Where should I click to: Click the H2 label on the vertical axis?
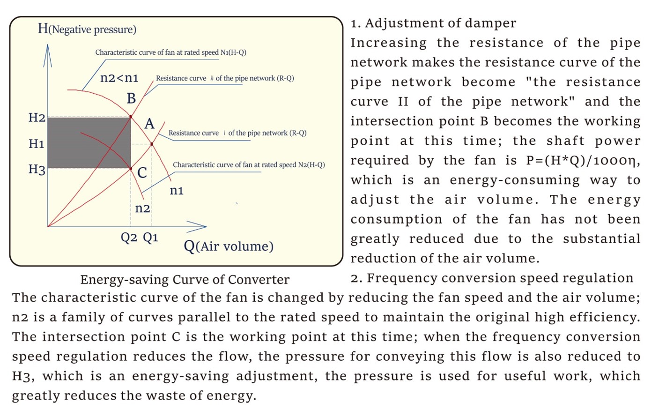[x=37, y=118]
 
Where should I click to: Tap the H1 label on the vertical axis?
[x=37, y=144]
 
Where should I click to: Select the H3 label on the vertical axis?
[x=37, y=170]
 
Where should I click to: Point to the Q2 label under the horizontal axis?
[x=129, y=238]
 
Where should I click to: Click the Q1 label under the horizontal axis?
[x=151, y=238]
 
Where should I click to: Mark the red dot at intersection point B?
[x=131, y=117]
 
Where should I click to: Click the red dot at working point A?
[x=152, y=144]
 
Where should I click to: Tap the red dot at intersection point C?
[x=131, y=169]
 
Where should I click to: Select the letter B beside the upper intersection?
[x=131, y=98]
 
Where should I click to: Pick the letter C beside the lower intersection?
[x=142, y=173]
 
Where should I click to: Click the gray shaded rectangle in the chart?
[x=89, y=143]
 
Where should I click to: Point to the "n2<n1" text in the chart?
[x=119, y=78]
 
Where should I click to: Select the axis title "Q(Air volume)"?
[x=229, y=246]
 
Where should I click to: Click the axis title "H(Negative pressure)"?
[x=87, y=29]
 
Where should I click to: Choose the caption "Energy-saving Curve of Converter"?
[x=185, y=280]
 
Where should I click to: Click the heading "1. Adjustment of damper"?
[x=433, y=23]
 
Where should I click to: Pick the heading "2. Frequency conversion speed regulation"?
[x=492, y=278]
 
